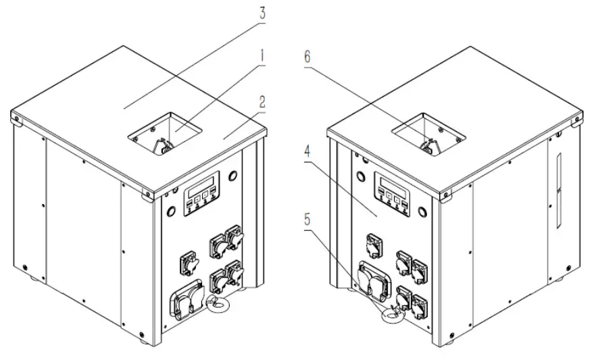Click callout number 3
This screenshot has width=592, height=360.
click(262, 13)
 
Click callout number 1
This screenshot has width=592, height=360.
click(262, 56)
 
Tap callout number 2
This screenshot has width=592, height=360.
click(262, 101)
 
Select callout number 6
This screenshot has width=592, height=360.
click(307, 57)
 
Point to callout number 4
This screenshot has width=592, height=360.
click(307, 152)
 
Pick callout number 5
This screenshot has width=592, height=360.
click(307, 220)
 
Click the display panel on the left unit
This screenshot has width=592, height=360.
click(201, 193)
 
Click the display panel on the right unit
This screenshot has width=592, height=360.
click(391, 193)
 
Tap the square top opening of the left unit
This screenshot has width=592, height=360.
click(165, 133)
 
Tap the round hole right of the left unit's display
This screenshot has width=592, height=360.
click(233, 176)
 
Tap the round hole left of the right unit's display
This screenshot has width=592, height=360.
click(362, 176)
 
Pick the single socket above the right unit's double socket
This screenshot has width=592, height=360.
click(374, 245)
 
